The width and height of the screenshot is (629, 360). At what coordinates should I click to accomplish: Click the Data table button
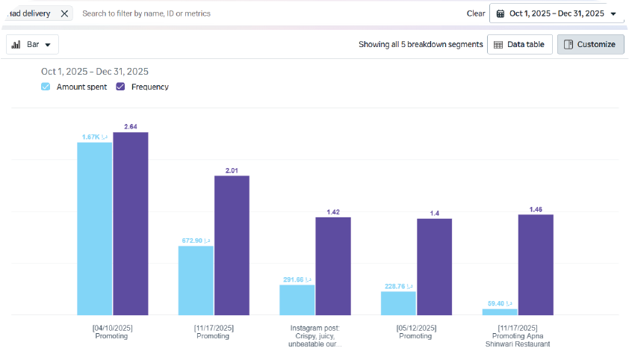click(520, 45)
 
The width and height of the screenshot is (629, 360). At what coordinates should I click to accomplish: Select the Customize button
click(590, 45)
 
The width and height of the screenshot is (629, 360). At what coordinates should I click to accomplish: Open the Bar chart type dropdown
click(33, 45)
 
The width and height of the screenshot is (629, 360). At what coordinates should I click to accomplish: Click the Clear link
click(476, 13)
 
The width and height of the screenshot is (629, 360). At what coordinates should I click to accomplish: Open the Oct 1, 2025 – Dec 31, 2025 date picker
click(557, 13)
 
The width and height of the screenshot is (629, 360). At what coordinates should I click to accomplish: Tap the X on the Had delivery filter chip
click(64, 13)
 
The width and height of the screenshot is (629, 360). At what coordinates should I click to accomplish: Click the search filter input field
click(224, 13)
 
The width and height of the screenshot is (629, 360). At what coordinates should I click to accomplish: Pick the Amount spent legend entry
click(75, 87)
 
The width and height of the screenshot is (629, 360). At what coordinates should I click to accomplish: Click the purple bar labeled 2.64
click(131, 224)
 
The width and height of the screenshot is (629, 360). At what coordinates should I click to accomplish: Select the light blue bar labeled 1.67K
click(95, 229)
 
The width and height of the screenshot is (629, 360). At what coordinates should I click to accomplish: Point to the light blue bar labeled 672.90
click(196, 280)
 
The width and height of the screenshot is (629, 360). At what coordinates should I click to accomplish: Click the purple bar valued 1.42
click(333, 266)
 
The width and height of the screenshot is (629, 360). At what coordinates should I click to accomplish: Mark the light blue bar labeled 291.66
click(297, 300)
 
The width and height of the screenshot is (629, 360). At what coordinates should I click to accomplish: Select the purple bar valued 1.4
click(434, 267)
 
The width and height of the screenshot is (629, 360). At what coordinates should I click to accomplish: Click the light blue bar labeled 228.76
click(398, 303)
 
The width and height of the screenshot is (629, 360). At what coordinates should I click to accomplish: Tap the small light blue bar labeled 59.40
click(500, 312)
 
